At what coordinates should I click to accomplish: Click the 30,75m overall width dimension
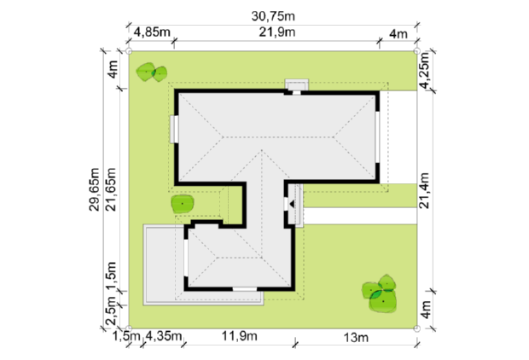pos(273,16)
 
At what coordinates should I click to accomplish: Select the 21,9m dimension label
pos(277,32)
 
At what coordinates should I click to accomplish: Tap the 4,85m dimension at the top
pos(152,32)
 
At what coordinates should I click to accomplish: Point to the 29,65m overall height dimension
pos(94,189)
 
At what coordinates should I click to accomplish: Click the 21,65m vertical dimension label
pos(111,189)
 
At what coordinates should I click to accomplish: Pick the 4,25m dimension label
pos(424,70)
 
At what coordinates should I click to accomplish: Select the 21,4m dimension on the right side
pos(424,190)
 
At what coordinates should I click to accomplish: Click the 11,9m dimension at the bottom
pos(239,336)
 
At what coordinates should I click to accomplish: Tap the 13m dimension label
pos(356,338)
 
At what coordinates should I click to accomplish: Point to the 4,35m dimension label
pos(164,336)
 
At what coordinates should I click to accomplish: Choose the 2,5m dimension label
pos(111,313)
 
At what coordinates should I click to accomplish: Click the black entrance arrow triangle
pos(292,204)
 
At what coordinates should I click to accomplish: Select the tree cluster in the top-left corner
pos(152,73)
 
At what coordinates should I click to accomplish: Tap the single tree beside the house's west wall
pos(183,204)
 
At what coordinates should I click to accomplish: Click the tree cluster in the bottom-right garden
pos(380,293)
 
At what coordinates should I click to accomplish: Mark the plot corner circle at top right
pos(417,51)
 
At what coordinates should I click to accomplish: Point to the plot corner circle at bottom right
pos(417,328)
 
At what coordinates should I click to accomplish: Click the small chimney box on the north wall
pos(297,85)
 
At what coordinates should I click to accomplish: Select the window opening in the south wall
pos(245,289)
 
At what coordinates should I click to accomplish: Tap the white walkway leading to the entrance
pos(360,216)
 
